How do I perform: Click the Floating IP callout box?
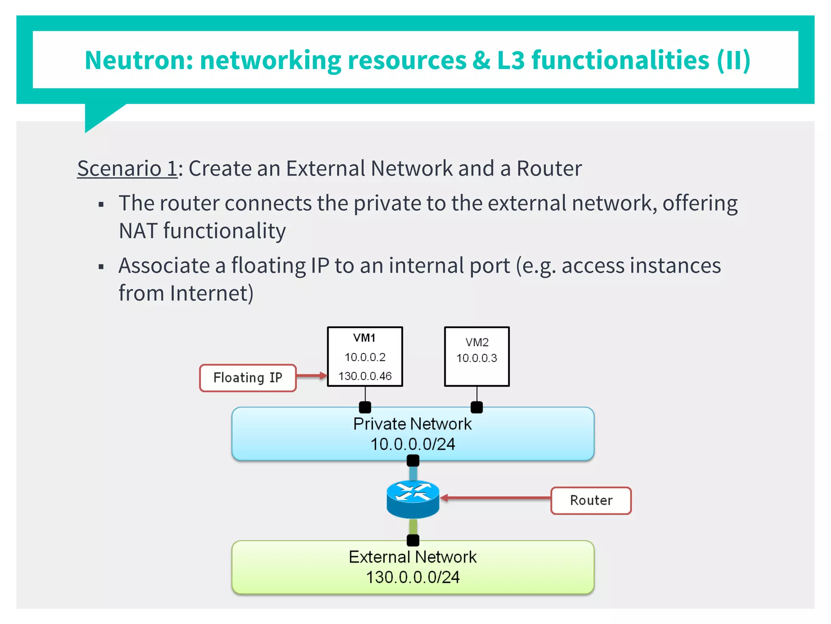click(248, 378)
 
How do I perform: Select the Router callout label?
click(591, 500)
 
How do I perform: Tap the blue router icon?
click(413, 499)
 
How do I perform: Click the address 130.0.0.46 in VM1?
click(365, 376)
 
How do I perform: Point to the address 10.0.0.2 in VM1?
click(365, 357)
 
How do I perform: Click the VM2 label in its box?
click(477, 342)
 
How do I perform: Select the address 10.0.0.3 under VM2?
click(477, 358)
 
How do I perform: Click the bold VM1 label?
click(364, 338)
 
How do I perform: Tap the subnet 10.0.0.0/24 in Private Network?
click(413, 444)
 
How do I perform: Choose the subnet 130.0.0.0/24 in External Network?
click(413, 577)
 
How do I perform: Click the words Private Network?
click(413, 424)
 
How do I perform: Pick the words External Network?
click(413, 557)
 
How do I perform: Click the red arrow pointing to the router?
click(495, 498)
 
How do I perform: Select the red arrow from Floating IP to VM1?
click(312, 376)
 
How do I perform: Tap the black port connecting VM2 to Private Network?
click(477, 407)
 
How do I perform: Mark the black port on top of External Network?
click(413, 540)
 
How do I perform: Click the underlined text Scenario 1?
click(127, 169)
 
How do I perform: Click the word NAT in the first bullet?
click(138, 231)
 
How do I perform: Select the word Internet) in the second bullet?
click(212, 293)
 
